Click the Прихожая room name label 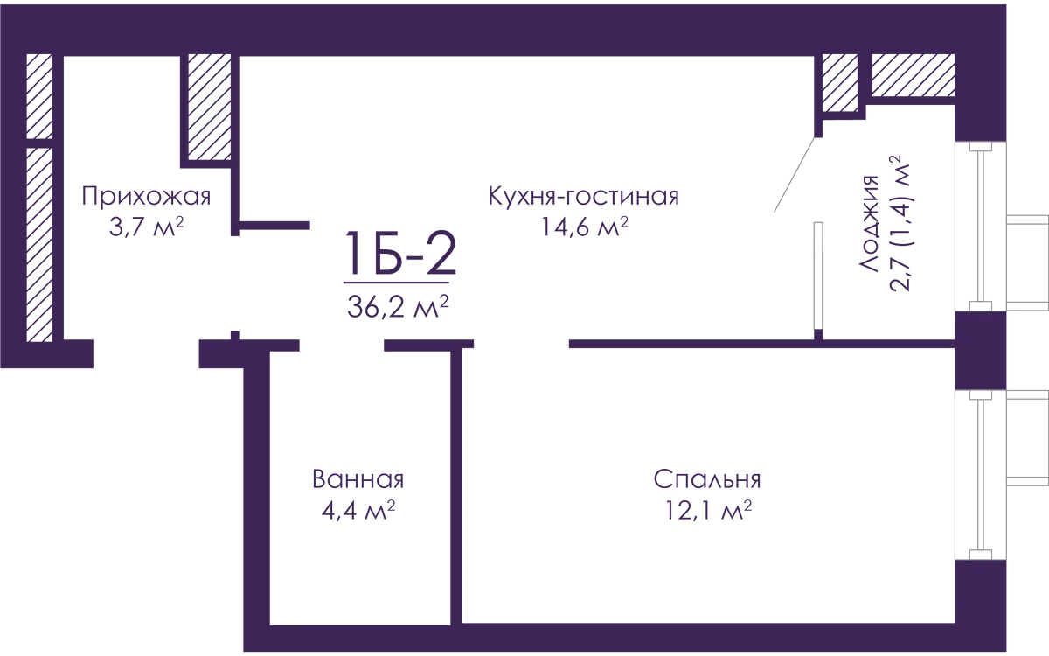(x=147, y=198)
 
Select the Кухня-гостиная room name (x=584, y=198)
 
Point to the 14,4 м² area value (x=584, y=229)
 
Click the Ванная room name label (x=357, y=478)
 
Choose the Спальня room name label (x=706, y=478)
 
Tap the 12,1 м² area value (x=706, y=510)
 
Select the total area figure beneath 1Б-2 (x=401, y=304)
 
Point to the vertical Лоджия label (x=872, y=223)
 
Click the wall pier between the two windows (x=979, y=350)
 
